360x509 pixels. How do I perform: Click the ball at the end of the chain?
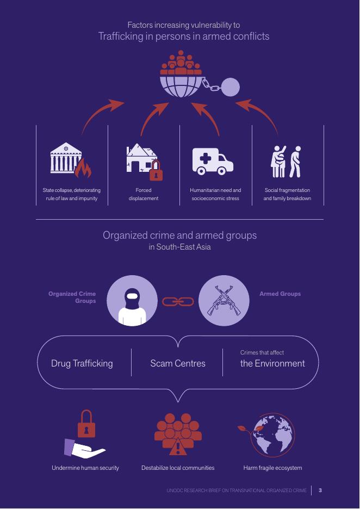pos(231,86)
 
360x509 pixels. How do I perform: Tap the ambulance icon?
pos(213,161)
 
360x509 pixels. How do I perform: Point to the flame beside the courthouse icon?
pos(84,169)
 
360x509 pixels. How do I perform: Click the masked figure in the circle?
pos(132,301)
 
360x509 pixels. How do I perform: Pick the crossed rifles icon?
pos(224,301)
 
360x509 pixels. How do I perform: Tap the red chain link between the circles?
pos(178,301)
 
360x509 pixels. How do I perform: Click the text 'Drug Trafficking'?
pos(82,363)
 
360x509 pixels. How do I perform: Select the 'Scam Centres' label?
pos(178,363)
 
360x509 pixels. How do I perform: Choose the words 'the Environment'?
pos(272,363)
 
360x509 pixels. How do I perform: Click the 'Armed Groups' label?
pos(280,294)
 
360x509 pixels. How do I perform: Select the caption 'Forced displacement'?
pos(144,194)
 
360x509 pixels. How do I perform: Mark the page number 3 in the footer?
pos(320,491)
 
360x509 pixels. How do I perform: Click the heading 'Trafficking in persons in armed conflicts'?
pos(184,36)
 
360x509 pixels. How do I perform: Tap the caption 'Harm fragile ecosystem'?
pos(272,468)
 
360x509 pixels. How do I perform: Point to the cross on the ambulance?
pos(206,159)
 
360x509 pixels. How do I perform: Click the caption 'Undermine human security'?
pos(85,468)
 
